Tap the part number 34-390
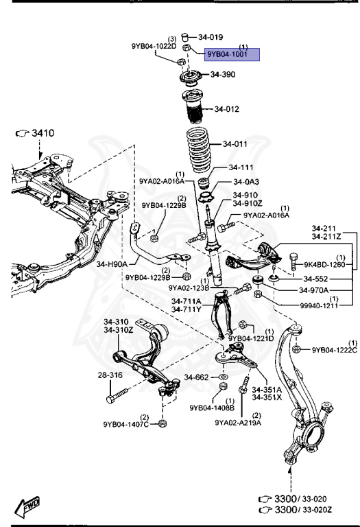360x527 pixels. tap(223, 74)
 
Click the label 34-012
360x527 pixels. tap(226, 109)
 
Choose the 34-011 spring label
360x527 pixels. tap(235, 144)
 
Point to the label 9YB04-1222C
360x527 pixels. tap(335, 350)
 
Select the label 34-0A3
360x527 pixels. tap(247, 182)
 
